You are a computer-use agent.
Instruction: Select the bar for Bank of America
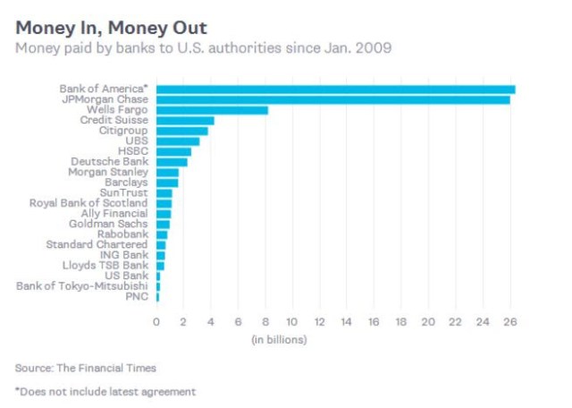click(x=336, y=89)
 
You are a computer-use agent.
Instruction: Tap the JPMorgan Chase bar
click(x=333, y=99)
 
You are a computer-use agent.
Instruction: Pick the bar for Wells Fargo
click(x=213, y=110)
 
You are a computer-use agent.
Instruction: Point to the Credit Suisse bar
click(x=186, y=120)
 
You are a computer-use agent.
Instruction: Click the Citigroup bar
click(x=182, y=131)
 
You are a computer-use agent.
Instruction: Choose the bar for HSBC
click(x=174, y=151)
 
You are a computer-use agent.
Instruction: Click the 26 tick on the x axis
click(x=509, y=322)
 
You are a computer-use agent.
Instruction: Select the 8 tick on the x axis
click(x=265, y=322)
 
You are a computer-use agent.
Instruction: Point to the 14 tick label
click(x=346, y=322)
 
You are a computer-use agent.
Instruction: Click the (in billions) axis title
click(x=278, y=340)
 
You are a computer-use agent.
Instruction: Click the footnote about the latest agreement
click(x=105, y=391)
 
